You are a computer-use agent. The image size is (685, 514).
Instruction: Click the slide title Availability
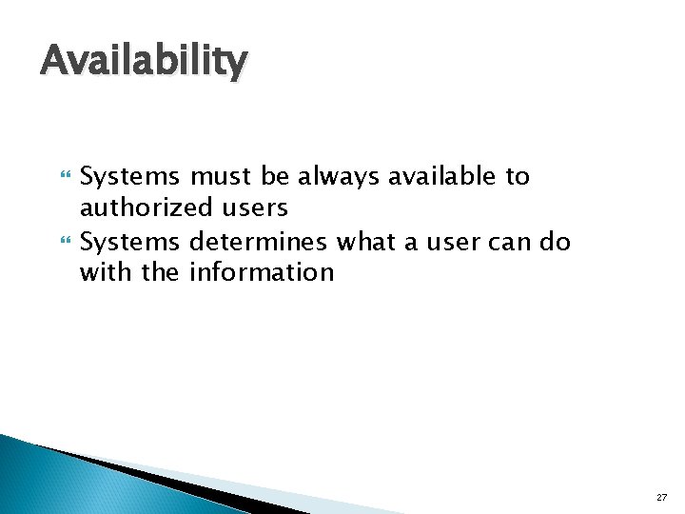pyautogui.click(x=144, y=62)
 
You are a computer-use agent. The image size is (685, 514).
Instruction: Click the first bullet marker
pyautogui.click(x=66, y=177)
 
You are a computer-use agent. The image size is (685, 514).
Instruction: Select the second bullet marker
pyautogui.click(x=66, y=243)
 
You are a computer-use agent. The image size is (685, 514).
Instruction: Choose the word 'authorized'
pyautogui.click(x=146, y=208)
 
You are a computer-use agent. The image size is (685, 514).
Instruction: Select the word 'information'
pyautogui.click(x=262, y=273)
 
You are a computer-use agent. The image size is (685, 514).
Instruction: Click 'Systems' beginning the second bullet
pyautogui.click(x=130, y=243)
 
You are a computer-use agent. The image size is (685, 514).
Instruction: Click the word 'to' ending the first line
pyautogui.click(x=518, y=177)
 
